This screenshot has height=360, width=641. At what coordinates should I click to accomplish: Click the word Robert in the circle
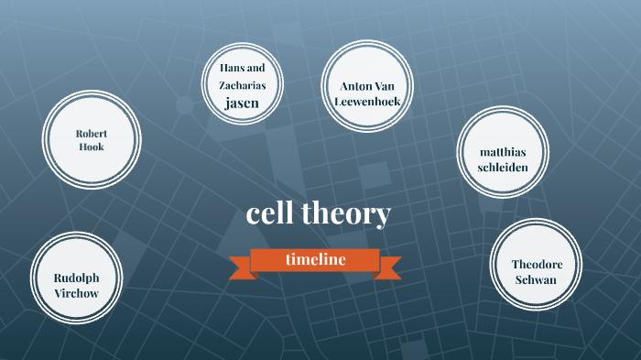tap(92, 134)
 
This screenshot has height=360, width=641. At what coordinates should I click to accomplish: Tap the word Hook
tap(92, 147)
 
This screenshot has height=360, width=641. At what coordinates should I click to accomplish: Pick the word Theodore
tap(537, 264)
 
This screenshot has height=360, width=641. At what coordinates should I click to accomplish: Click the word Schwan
tap(536, 279)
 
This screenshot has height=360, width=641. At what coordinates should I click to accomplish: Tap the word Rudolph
tap(76, 278)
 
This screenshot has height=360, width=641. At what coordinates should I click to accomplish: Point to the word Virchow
tap(76, 293)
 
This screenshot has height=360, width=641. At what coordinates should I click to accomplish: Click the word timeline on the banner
tap(315, 259)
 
